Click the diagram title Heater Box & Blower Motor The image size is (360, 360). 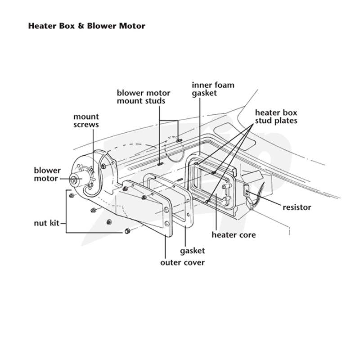click(86, 26)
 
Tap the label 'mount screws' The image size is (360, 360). click(86, 121)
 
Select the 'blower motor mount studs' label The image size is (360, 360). click(144, 97)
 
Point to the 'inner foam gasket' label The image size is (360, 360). click(213, 89)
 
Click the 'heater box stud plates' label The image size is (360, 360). click(276, 117)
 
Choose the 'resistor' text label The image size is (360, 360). click(297, 207)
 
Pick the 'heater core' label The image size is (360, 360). click(234, 235)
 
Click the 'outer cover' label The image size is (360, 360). click(182, 262)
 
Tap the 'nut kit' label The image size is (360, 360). click(47, 223)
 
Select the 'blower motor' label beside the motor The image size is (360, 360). click(47, 174)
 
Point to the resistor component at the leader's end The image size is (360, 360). click(246, 191)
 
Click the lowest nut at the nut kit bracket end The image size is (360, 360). click(127, 231)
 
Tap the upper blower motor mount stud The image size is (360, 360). click(179, 140)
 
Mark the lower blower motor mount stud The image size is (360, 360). click(160, 164)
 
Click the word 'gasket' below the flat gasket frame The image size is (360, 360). click(193, 251)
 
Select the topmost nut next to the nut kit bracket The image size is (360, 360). click(72, 195)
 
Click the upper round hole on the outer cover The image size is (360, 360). click(166, 209)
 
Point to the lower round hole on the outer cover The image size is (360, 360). click(167, 223)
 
